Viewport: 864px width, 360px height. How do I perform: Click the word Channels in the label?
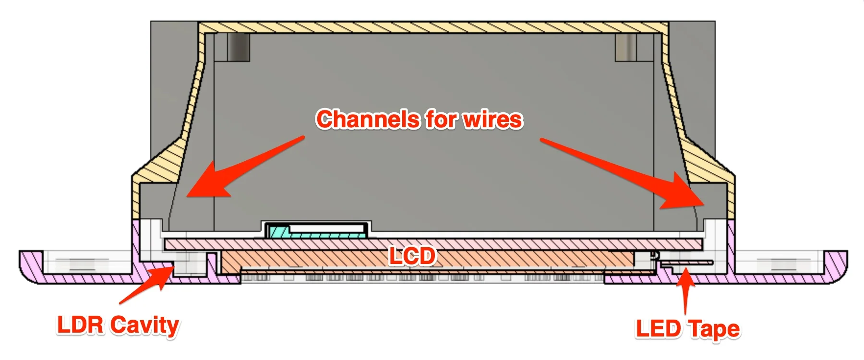[367, 120]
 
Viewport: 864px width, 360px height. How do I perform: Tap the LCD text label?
[412, 256]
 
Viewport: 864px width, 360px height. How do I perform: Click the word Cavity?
[145, 326]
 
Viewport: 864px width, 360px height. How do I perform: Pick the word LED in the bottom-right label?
[659, 329]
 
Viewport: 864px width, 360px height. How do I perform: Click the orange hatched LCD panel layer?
[427, 262]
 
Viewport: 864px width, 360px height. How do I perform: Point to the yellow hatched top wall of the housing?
[432, 27]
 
